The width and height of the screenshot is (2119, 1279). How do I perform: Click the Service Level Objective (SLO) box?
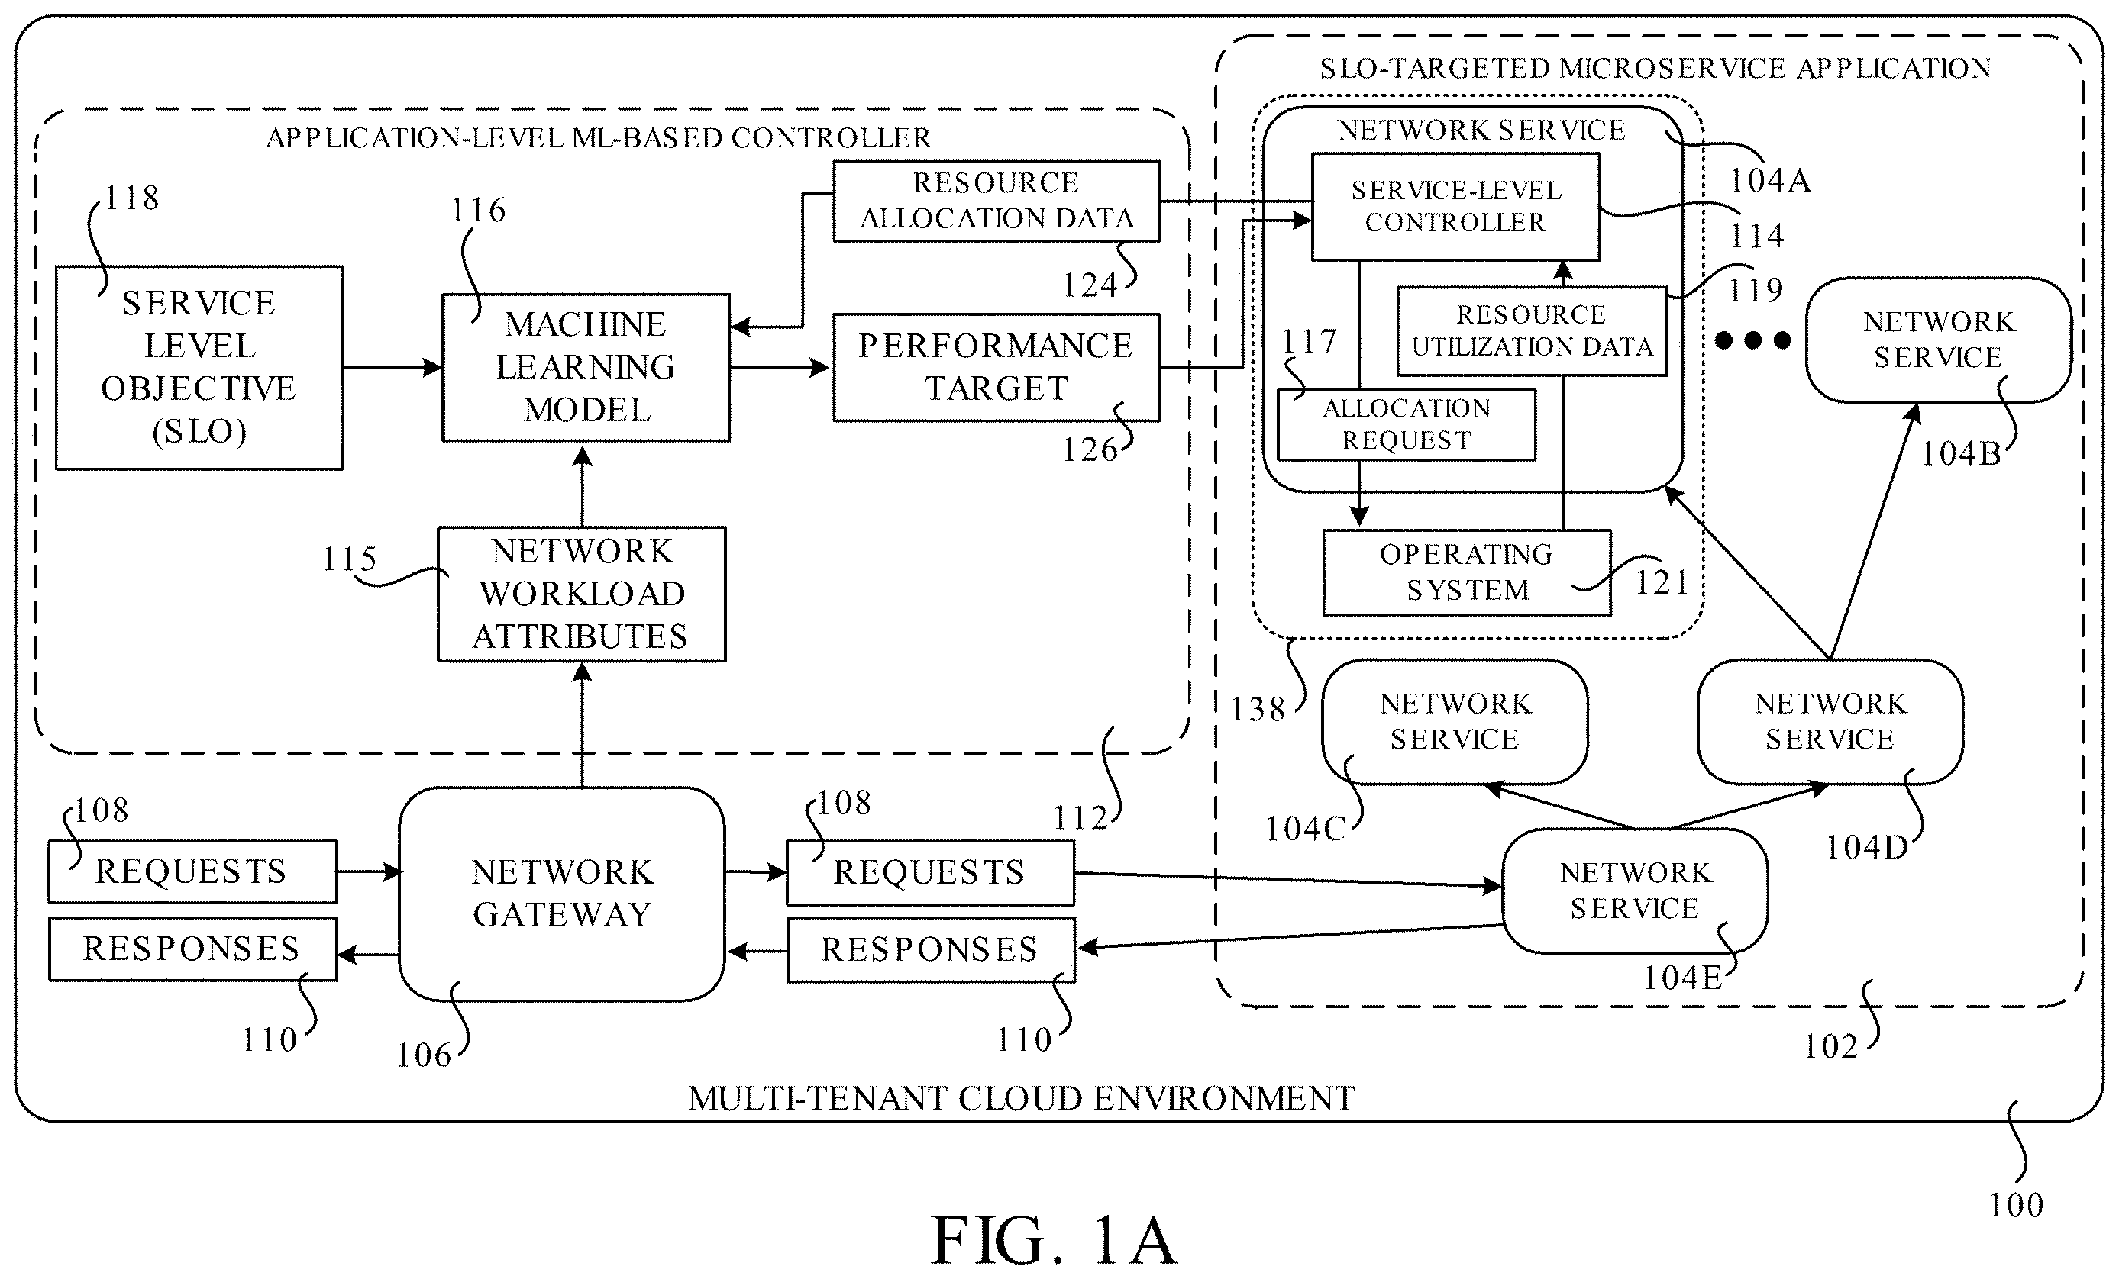(x=199, y=367)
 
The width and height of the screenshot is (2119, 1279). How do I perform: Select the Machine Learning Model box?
(x=586, y=368)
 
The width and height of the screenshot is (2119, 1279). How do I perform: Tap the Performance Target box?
(x=996, y=367)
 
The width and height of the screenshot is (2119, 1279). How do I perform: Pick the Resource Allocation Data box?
(x=996, y=200)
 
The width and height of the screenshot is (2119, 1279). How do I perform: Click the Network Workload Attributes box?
(x=581, y=594)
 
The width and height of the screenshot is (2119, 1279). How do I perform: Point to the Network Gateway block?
(x=561, y=894)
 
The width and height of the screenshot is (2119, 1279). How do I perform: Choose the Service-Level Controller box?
(x=1455, y=206)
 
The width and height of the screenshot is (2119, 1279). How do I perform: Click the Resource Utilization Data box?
(x=1532, y=331)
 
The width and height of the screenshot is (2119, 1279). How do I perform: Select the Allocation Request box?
(x=1406, y=424)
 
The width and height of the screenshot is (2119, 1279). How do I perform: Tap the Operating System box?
(x=1466, y=572)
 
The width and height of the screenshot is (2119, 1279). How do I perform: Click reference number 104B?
(x=1961, y=454)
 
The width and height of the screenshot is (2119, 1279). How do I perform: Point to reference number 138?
(x=1258, y=709)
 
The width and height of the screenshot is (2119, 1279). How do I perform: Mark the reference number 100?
(x=2016, y=1205)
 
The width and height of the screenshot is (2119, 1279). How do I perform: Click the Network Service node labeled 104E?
(x=1635, y=891)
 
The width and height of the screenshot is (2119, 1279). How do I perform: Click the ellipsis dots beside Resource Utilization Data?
(x=1752, y=340)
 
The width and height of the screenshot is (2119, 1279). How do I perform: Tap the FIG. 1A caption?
(x=1055, y=1241)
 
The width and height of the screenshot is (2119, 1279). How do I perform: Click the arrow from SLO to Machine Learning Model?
(x=393, y=368)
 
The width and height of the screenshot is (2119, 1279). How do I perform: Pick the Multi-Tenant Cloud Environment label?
(x=1021, y=1098)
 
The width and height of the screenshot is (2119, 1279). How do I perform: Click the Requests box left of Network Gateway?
(x=192, y=871)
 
